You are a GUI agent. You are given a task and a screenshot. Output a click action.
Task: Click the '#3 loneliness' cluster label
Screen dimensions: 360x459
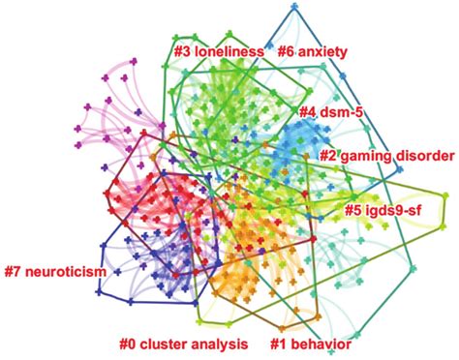219,49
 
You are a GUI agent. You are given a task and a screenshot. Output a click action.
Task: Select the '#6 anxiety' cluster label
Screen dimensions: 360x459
321,49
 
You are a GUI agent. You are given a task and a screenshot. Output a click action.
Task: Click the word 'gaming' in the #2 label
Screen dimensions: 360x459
363,155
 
